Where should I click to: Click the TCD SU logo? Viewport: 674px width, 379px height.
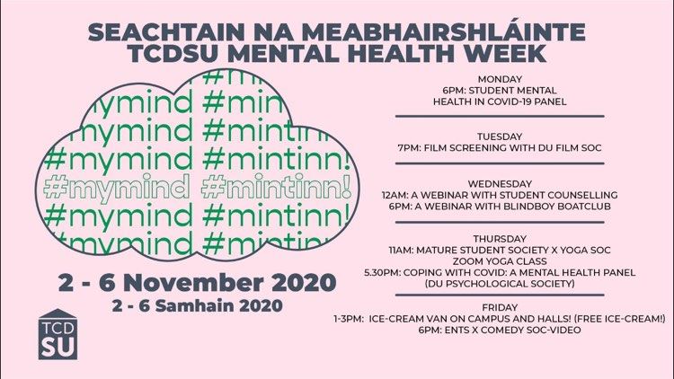(x=58, y=334)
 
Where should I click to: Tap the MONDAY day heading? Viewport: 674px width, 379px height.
(x=500, y=79)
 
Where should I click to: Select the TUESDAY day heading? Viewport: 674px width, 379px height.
(x=500, y=137)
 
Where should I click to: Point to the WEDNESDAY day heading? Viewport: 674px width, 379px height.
(x=500, y=184)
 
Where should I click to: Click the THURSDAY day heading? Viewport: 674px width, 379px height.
(x=500, y=239)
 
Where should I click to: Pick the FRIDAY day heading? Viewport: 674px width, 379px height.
(x=500, y=308)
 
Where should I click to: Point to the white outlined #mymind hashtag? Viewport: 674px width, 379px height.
(x=117, y=188)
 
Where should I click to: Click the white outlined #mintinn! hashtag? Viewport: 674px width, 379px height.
(x=277, y=187)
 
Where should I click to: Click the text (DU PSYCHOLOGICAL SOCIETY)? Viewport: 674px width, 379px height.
(x=500, y=284)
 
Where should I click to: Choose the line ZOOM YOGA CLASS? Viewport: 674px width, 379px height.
(x=500, y=261)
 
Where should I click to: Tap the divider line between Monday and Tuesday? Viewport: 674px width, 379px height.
(x=500, y=116)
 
